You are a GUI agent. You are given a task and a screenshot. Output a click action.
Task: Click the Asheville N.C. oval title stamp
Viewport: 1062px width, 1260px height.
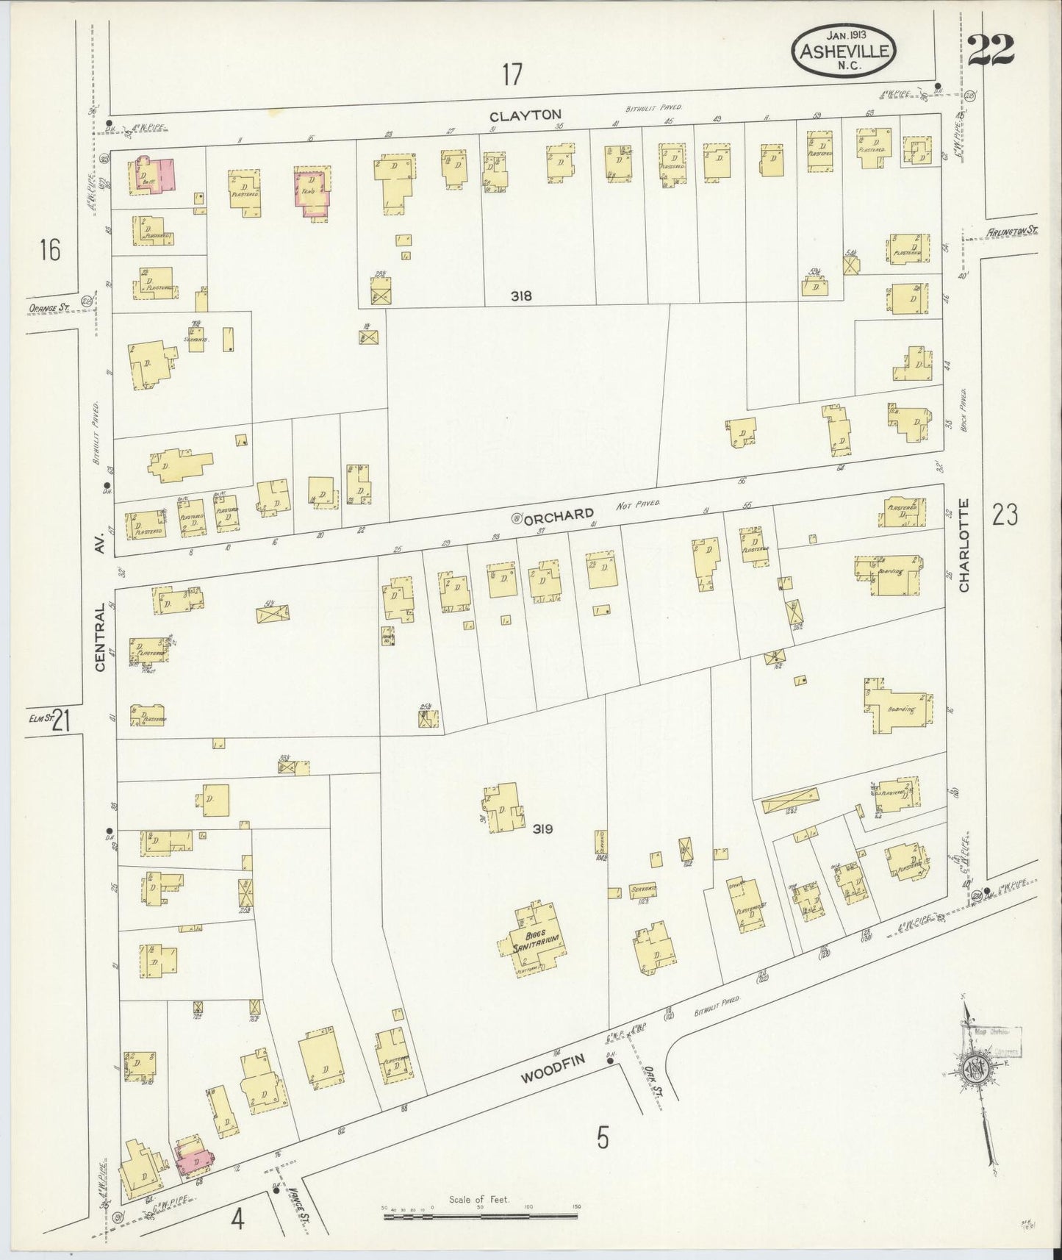tap(843, 50)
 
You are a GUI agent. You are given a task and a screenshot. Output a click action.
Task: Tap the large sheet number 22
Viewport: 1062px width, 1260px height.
tap(991, 50)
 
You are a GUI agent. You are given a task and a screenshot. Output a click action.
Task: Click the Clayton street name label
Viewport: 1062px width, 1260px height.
tap(525, 115)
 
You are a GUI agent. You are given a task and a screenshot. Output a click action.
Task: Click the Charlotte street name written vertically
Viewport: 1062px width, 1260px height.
tap(964, 545)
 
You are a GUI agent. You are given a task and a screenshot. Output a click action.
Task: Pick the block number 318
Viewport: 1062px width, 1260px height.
tap(522, 296)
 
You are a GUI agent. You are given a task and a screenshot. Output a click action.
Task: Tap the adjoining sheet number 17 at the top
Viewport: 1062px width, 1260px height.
tap(512, 74)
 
